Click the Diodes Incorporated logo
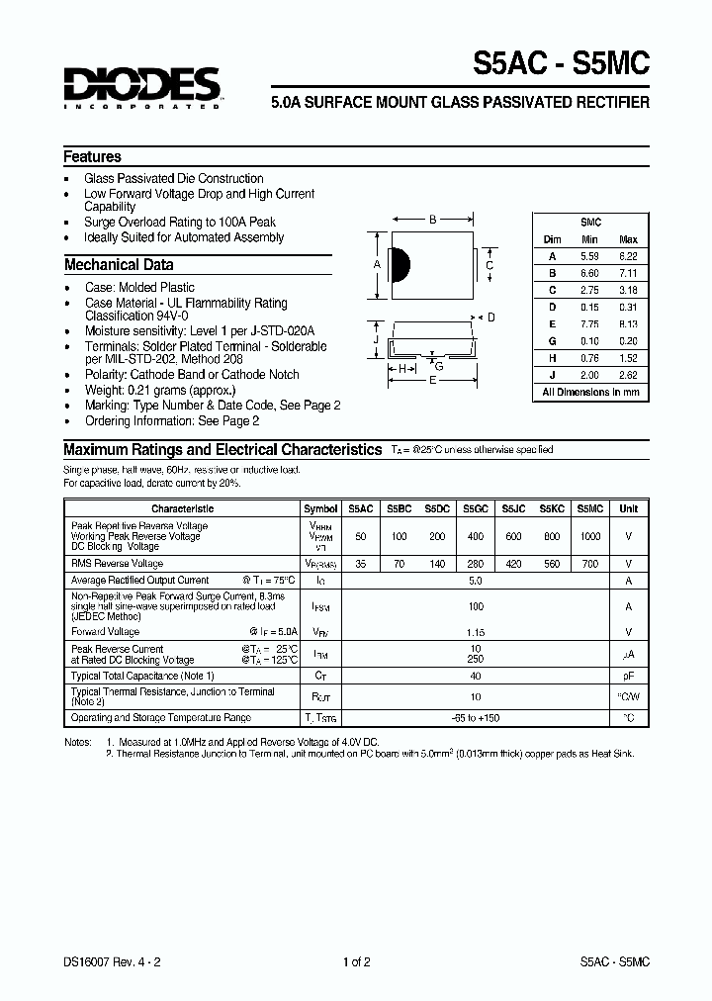[x=141, y=88]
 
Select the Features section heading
[x=92, y=156]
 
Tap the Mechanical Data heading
[x=119, y=265]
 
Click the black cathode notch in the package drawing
[x=400, y=264]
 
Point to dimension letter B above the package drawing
[x=432, y=221]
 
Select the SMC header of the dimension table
[x=590, y=223]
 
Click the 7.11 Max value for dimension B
[x=627, y=273]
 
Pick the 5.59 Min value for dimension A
[x=590, y=256]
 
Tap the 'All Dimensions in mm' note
[x=590, y=393]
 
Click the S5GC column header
[x=474, y=508]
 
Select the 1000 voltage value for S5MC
[x=589, y=535]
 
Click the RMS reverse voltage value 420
[x=512, y=563]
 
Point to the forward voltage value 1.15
[x=475, y=631]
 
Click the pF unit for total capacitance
[x=628, y=677]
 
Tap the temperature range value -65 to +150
[x=475, y=718]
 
